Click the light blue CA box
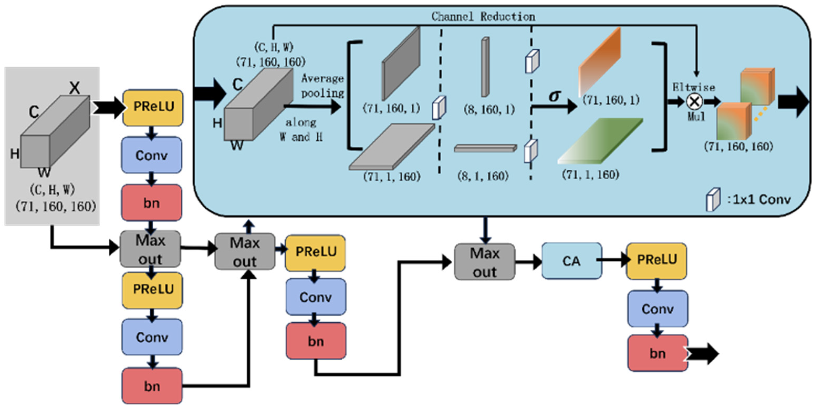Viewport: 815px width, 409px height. click(571, 261)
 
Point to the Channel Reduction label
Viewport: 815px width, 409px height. click(483, 17)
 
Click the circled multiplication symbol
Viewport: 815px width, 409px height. click(694, 102)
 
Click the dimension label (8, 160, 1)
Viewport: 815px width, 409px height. click(489, 110)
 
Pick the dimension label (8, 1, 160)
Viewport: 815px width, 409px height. click(483, 176)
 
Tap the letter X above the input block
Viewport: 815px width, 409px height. click(75, 88)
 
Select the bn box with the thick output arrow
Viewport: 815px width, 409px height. click(657, 353)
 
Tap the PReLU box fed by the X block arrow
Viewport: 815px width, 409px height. click(153, 107)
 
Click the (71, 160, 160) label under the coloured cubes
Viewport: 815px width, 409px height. click(738, 147)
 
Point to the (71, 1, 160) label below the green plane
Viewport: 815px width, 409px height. click(590, 175)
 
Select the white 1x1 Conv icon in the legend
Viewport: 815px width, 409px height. click(713, 199)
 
